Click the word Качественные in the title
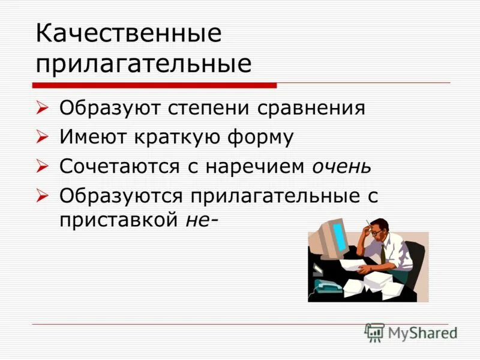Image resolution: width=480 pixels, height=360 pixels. (128, 34)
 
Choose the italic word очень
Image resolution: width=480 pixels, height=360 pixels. (341, 166)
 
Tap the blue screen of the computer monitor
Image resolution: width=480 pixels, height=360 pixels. (340, 236)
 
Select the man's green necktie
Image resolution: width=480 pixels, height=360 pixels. (383, 254)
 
